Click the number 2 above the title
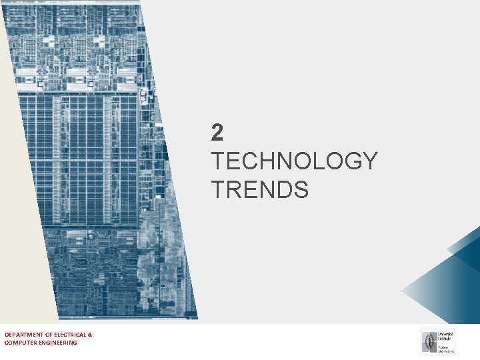coord(217,133)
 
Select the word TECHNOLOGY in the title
coord(294,161)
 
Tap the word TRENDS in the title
coord(260,189)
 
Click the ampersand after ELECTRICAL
coord(90,334)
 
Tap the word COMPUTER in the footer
coord(21,343)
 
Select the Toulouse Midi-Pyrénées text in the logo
coord(445,348)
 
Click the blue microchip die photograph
coord(100,160)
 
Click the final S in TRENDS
coord(301,189)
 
